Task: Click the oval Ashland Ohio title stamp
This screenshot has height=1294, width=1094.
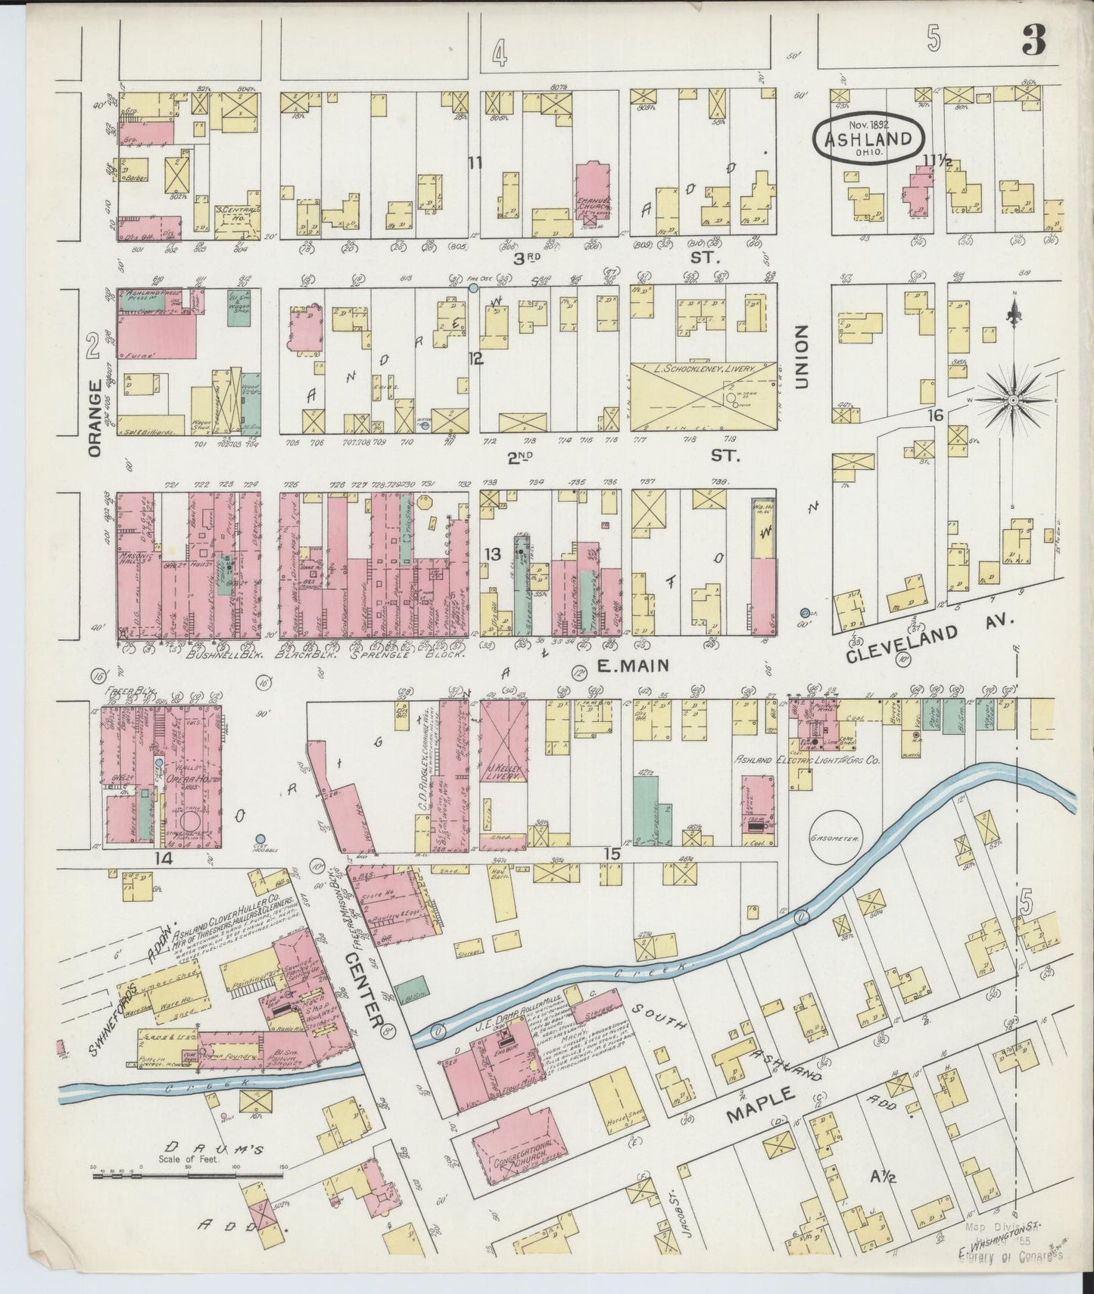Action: (868, 138)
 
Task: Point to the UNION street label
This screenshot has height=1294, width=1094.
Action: (801, 357)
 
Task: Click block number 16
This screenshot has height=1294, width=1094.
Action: (936, 415)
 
